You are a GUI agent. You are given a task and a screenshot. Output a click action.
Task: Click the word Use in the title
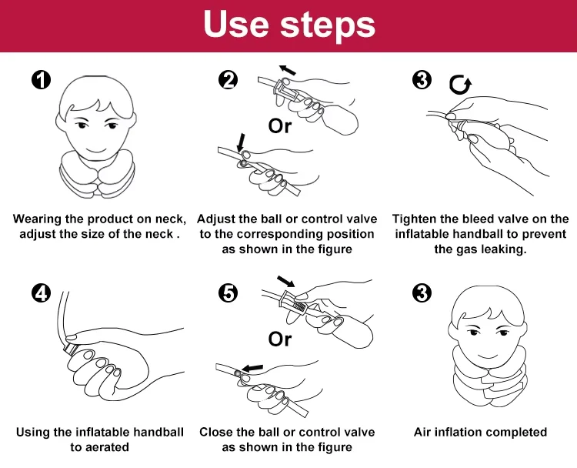pyautogui.click(x=236, y=24)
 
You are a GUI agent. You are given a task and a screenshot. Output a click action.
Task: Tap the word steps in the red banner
pyautogui.click(x=328, y=25)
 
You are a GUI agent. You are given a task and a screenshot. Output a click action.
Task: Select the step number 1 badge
pyautogui.click(x=41, y=80)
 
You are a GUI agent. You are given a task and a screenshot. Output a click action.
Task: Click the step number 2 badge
pyautogui.click(x=228, y=80)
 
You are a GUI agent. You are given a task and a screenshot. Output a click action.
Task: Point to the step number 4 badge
pyautogui.click(x=41, y=293)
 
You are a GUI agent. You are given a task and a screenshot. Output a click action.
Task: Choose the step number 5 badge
pyautogui.click(x=228, y=293)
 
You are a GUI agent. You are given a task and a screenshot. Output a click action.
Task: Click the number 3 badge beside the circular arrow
pyautogui.click(x=422, y=80)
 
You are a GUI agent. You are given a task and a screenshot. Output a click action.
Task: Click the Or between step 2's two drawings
pyautogui.click(x=280, y=126)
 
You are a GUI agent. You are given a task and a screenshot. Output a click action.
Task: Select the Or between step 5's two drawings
pyautogui.click(x=280, y=339)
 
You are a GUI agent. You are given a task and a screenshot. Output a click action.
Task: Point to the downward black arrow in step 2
pyautogui.click(x=242, y=142)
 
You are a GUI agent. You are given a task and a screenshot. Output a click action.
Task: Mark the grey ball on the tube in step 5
pyautogui.click(x=238, y=374)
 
